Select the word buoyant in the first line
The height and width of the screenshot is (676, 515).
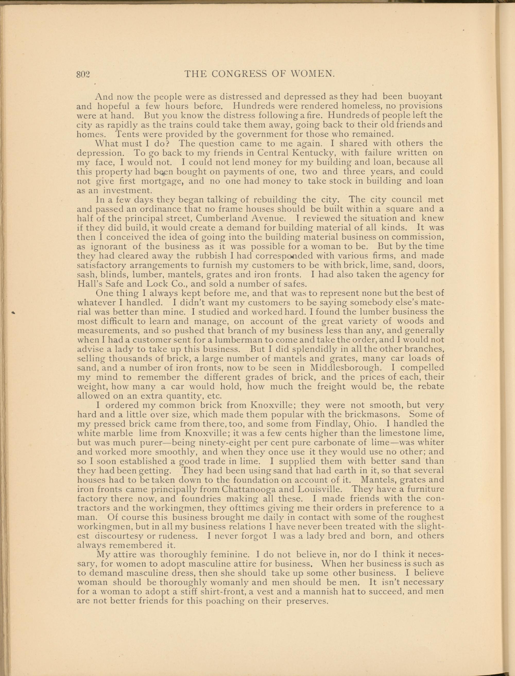tap(425, 97)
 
